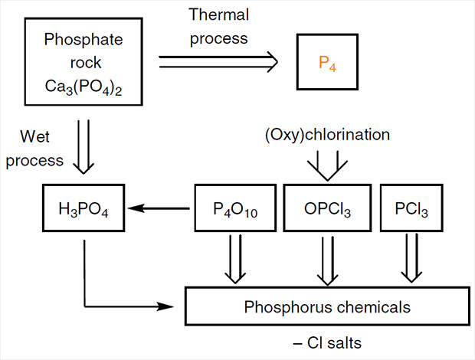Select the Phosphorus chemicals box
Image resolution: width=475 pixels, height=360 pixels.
pyautogui.click(x=328, y=308)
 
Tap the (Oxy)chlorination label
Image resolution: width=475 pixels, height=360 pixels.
pyautogui.click(x=326, y=135)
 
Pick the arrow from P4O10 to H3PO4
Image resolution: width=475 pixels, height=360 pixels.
pyautogui.click(x=162, y=207)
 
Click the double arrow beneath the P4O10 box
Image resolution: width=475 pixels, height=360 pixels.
pyautogui.click(x=231, y=257)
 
